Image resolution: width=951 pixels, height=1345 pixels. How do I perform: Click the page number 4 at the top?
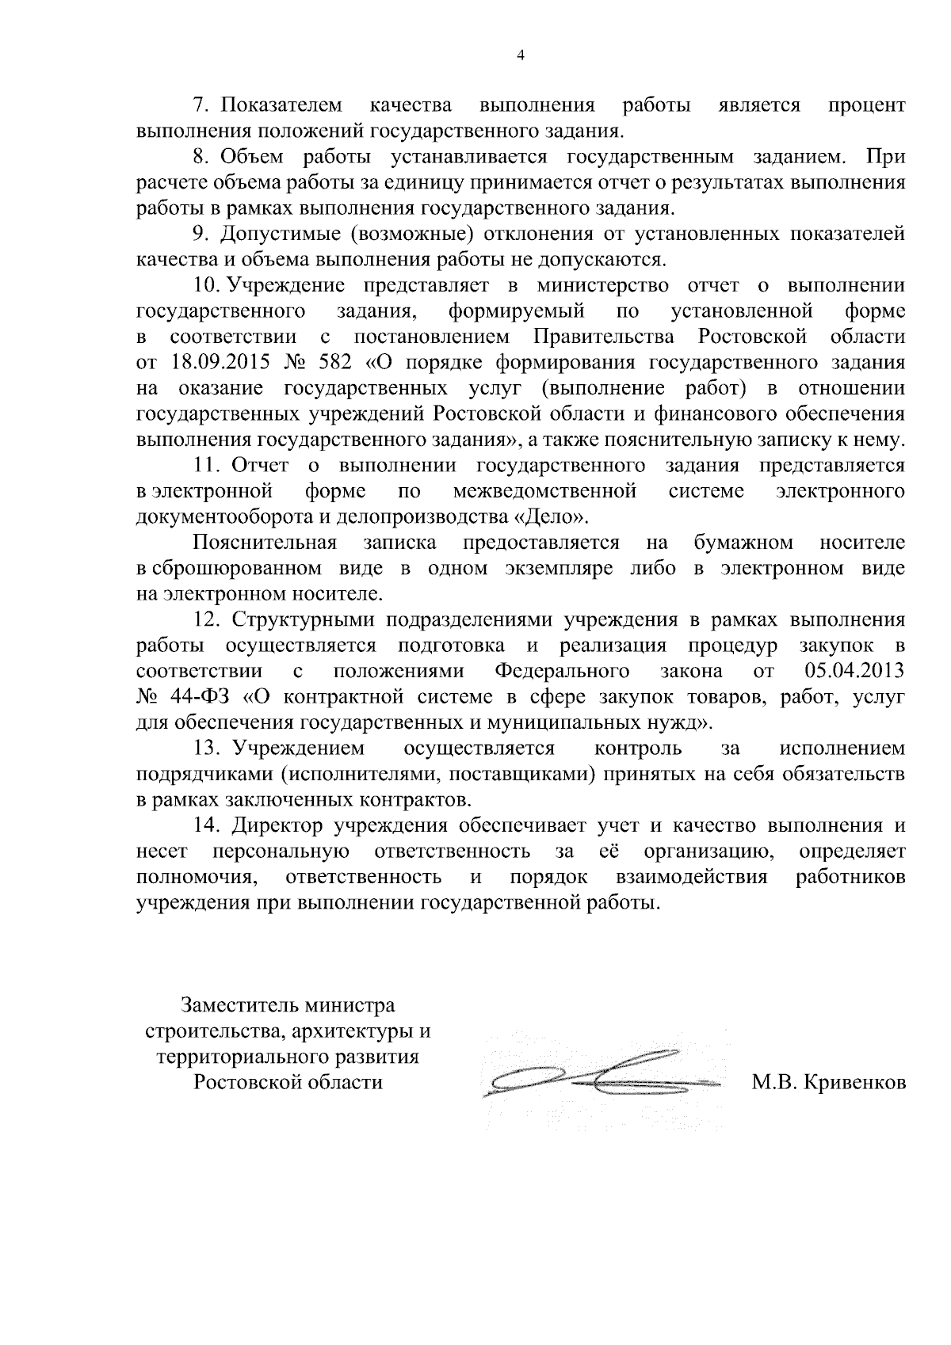520,55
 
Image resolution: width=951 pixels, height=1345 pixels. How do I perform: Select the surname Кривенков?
854,1083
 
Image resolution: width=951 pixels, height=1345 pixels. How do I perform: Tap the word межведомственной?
545,491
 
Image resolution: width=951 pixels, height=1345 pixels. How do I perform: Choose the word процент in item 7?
865,105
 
